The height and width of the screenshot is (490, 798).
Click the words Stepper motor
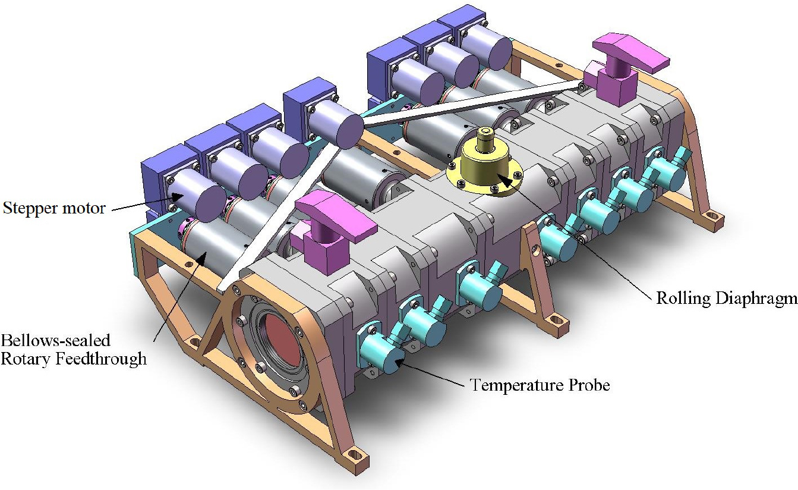point(55,208)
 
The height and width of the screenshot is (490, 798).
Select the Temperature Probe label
point(540,385)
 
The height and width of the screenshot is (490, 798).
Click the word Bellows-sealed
point(55,341)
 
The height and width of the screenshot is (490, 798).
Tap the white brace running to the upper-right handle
point(469,105)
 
